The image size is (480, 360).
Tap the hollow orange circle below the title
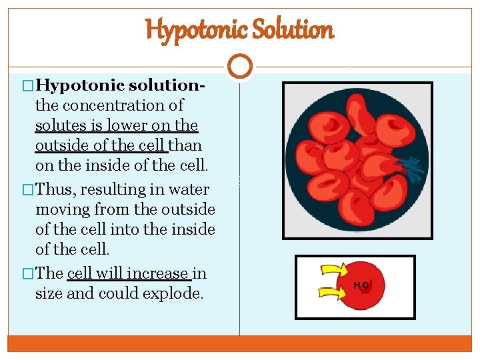240,67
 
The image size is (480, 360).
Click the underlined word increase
159,273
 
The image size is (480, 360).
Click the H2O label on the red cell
361,285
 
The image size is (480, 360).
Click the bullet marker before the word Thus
28,190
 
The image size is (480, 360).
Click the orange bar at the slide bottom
240,343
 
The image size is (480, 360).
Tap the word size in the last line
49,293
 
